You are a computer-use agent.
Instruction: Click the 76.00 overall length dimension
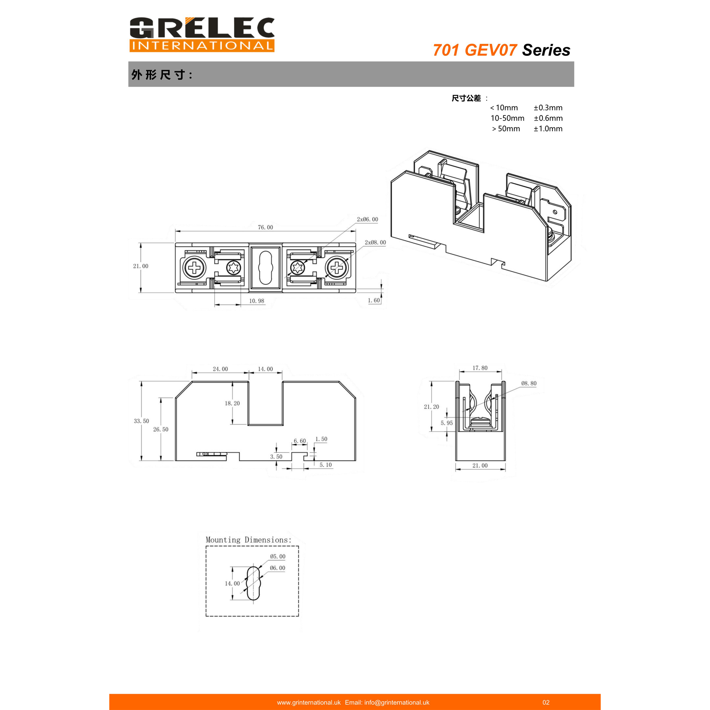click(265, 228)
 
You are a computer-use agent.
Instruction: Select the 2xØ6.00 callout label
click(367, 219)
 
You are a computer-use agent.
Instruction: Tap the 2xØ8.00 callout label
click(375, 243)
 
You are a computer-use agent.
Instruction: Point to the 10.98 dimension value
click(256, 301)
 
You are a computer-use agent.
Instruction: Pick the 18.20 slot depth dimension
click(232, 404)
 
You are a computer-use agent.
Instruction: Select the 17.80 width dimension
click(480, 368)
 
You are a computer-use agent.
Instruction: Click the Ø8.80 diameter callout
click(529, 383)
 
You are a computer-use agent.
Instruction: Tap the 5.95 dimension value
click(447, 423)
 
